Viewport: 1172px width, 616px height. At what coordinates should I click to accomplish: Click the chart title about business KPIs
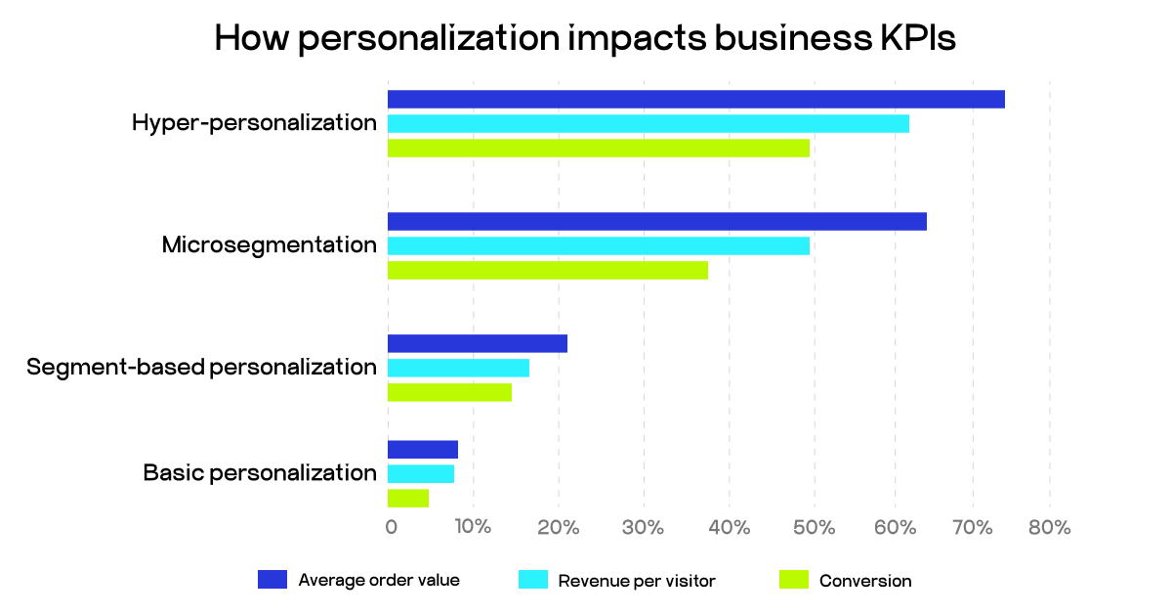(x=584, y=38)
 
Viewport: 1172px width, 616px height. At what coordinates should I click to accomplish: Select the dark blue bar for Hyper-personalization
(x=695, y=99)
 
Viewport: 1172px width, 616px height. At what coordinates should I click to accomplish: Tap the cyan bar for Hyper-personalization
(x=648, y=123)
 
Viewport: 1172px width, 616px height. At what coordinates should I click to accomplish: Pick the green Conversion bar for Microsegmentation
(x=547, y=270)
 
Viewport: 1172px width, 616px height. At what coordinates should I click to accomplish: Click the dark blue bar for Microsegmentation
(x=656, y=221)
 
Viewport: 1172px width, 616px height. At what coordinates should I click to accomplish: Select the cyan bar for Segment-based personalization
(x=458, y=368)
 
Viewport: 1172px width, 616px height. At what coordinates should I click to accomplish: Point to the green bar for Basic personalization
(x=408, y=499)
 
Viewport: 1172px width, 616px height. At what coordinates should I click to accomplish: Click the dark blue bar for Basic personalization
(x=422, y=450)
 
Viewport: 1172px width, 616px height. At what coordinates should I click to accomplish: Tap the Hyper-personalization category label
(x=254, y=123)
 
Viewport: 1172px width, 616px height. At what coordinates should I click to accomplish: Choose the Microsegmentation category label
(x=269, y=244)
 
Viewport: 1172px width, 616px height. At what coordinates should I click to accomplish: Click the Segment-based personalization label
(x=201, y=368)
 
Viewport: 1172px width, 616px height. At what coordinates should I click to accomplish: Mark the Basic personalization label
(x=260, y=473)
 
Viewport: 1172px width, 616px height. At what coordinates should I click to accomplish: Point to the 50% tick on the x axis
(x=814, y=528)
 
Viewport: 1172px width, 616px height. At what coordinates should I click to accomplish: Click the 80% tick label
(x=1050, y=528)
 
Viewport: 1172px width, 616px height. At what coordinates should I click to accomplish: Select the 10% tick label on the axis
(x=473, y=528)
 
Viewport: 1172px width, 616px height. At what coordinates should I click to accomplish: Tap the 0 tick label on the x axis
(x=391, y=528)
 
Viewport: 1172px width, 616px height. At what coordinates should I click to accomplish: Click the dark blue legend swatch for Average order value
(x=272, y=580)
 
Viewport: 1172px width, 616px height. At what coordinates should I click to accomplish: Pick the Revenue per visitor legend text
(x=637, y=581)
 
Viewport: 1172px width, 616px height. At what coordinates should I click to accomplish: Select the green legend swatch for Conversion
(x=793, y=580)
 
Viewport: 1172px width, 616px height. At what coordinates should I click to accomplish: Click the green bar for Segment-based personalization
(x=449, y=392)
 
